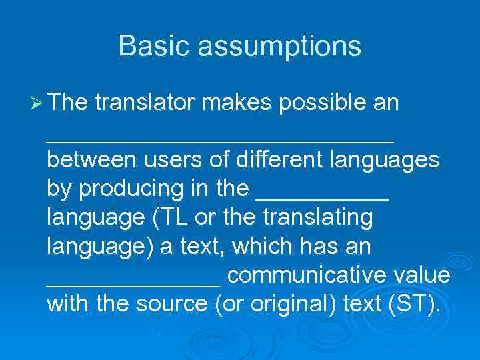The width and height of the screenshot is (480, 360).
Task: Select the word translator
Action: point(145,103)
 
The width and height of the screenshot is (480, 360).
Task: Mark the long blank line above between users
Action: point(220,140)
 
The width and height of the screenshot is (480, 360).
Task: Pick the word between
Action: point(88,161)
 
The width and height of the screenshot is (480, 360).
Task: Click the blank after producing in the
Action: point(322,197)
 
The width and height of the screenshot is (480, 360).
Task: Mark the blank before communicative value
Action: point(133,283)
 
